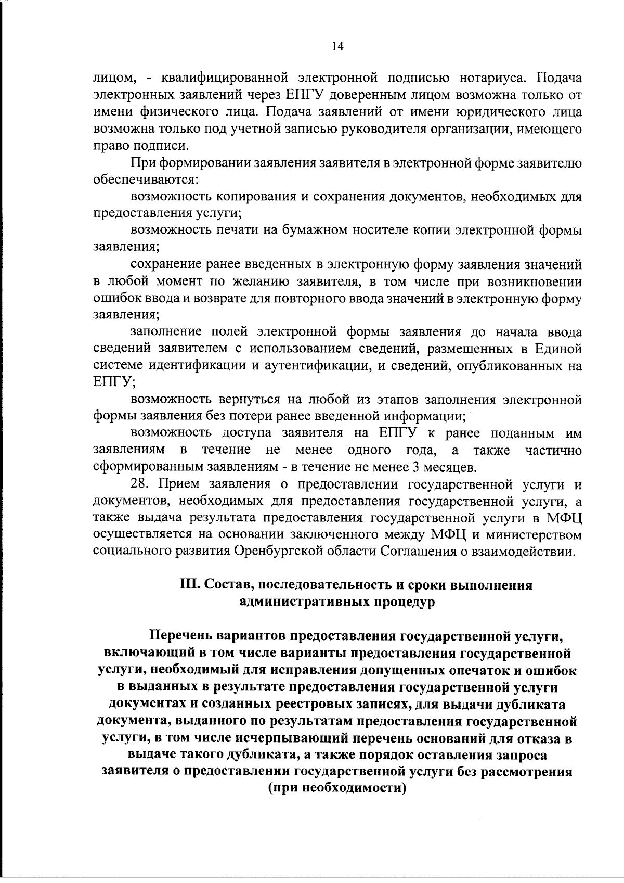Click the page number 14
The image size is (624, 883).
point(337,46)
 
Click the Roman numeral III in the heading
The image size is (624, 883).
point(188,585)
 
